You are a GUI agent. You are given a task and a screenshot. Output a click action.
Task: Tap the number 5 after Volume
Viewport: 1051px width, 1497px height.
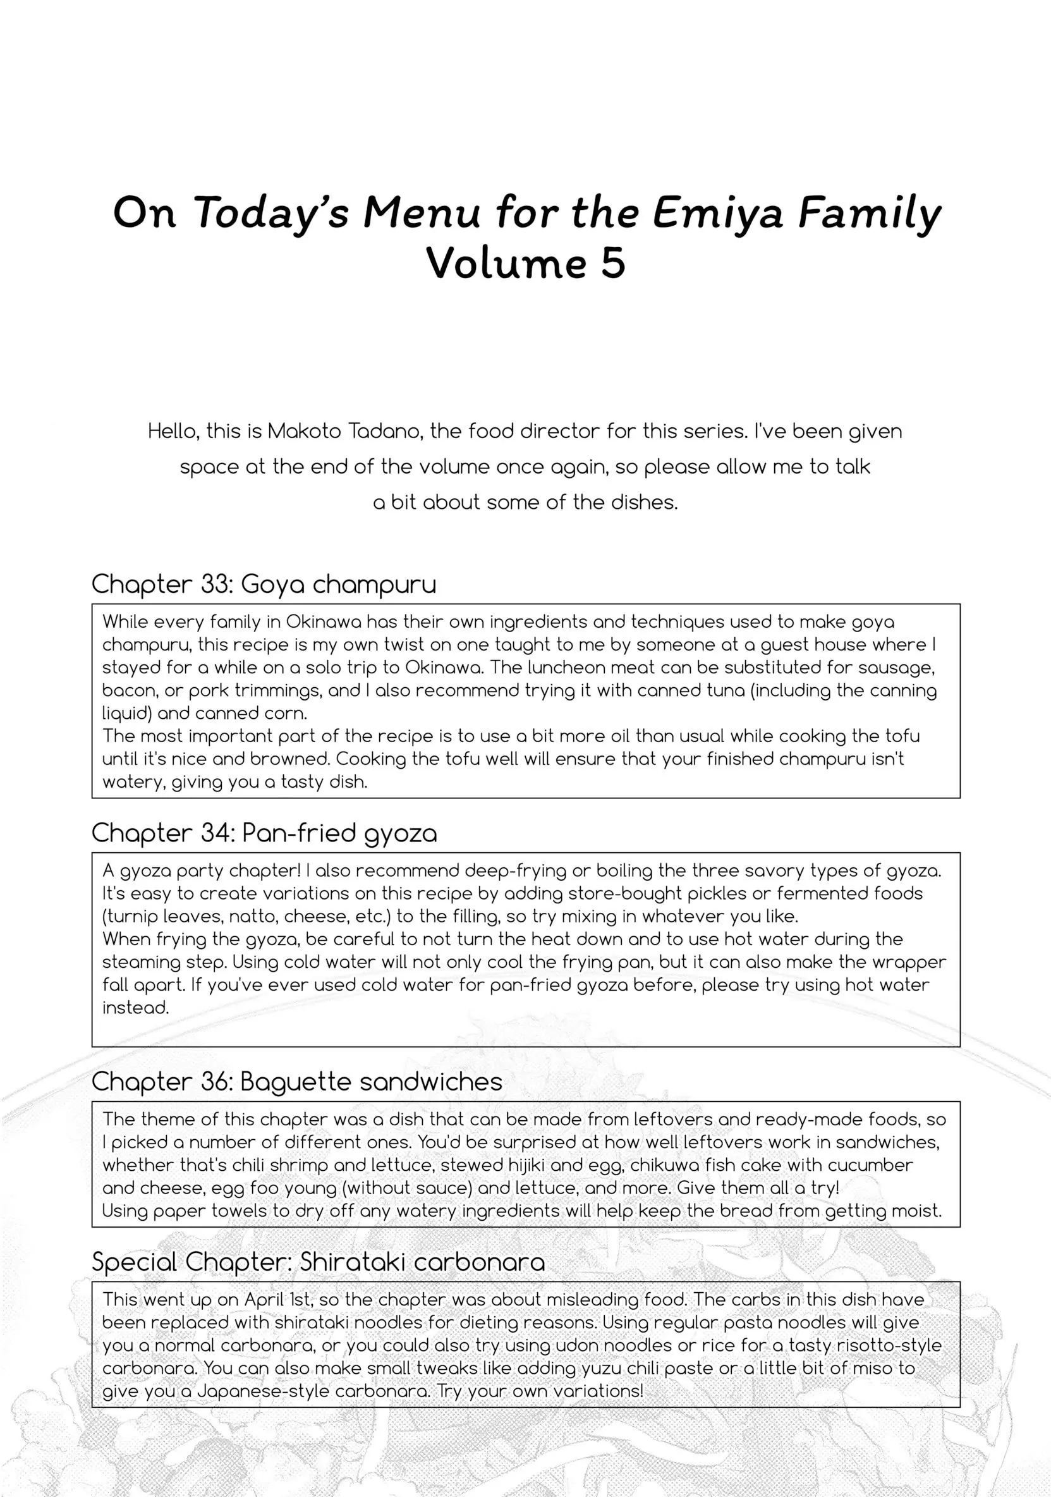coord(613,264)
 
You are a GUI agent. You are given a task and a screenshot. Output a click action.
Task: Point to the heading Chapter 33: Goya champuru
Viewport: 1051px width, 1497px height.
coord(264,584)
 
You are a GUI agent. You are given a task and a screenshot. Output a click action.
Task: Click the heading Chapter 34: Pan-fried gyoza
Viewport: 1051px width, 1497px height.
coord(264,833)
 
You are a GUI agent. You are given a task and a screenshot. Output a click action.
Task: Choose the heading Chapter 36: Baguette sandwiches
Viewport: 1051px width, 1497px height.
coord(296,1082)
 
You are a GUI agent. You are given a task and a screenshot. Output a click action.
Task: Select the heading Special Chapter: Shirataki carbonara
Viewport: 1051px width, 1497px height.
coord(318,1262)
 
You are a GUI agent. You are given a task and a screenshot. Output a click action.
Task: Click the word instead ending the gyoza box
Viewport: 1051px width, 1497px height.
coord(135,1008)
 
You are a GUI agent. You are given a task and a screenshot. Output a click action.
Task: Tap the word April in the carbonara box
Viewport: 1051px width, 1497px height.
coord(264,1299)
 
